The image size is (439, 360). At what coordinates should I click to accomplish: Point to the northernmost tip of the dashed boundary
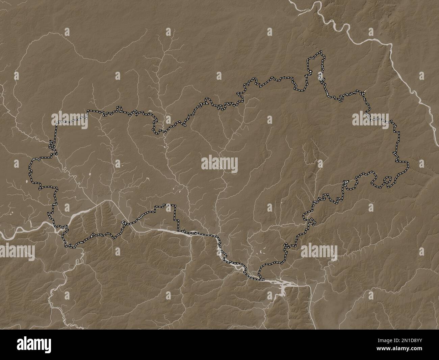click(x=321, y=51)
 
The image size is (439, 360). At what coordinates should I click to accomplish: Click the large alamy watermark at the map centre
click(x=219, y=165)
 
